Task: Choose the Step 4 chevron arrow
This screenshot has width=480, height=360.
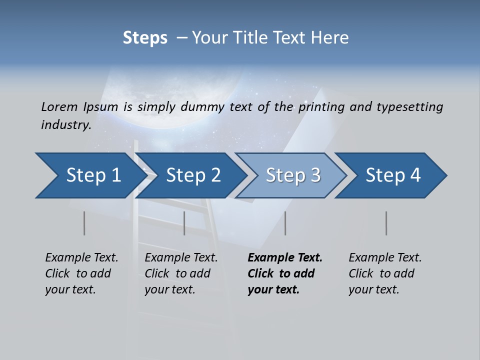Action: pos(393,175)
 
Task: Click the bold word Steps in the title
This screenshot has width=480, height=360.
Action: pos(145,38)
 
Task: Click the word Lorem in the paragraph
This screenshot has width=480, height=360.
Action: pos(59,106)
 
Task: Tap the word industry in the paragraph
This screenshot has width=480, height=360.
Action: pos(65,125)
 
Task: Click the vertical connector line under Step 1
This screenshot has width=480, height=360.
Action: pos(84,223)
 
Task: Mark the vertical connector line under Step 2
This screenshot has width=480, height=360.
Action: pos(184,223)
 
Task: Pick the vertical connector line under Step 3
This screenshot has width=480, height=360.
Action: pos(285,223)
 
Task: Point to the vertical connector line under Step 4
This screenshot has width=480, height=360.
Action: pos(386,223)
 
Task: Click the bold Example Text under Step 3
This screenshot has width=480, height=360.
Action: pos(285,258)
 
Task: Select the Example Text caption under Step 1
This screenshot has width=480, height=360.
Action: pos(81,258)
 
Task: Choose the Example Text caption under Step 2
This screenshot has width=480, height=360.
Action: pos(181,258)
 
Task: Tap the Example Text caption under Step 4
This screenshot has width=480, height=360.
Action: pos(385,258)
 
